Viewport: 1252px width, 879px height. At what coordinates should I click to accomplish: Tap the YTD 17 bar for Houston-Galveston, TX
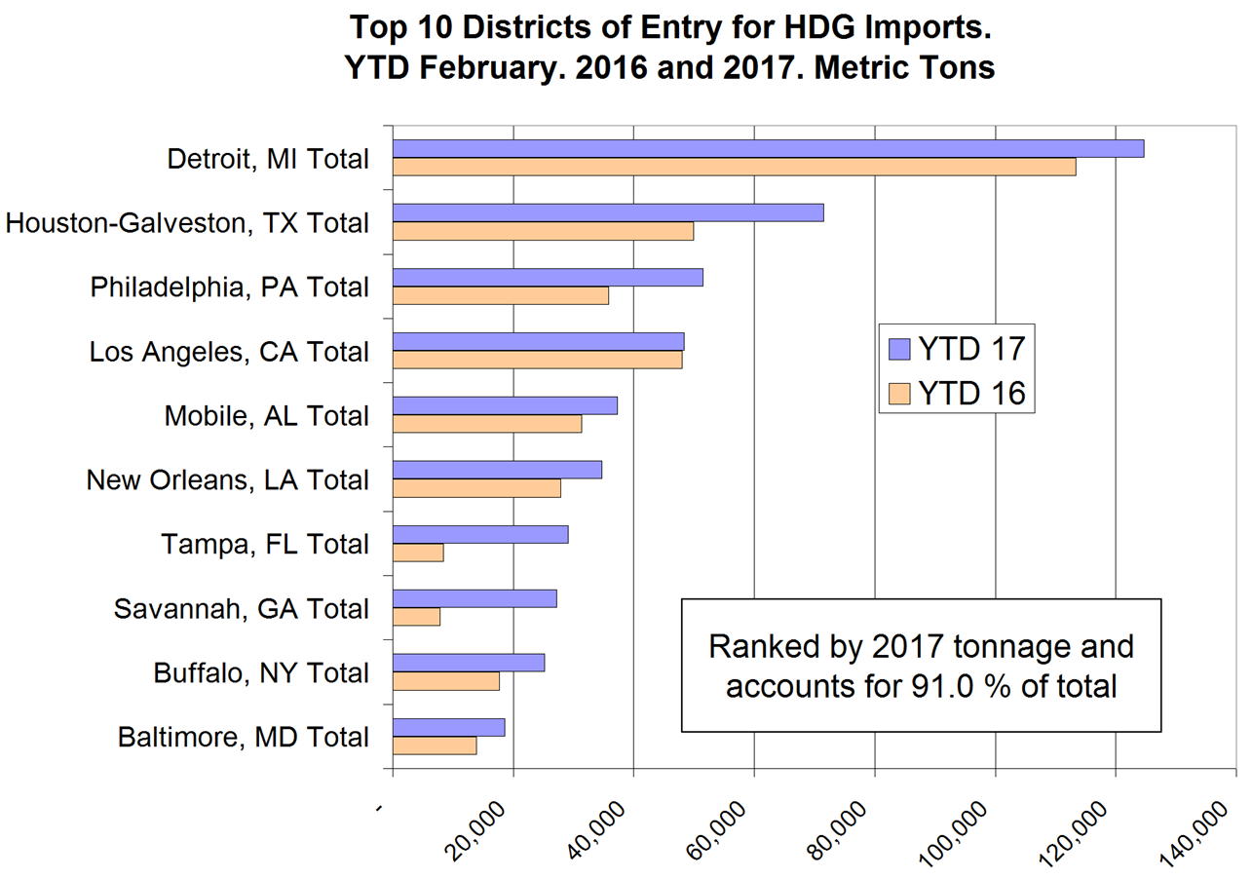coord(608,212)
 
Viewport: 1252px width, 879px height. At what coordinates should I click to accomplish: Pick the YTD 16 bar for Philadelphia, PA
coord(501,295)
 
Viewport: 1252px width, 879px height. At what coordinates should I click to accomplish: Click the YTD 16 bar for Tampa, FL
coord(418,553)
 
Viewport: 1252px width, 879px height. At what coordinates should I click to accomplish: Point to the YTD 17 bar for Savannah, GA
coord(474,598)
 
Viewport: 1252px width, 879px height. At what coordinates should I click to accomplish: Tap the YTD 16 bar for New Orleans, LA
coord(476,488)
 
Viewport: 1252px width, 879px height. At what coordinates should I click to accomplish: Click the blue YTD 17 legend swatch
coord(899,348)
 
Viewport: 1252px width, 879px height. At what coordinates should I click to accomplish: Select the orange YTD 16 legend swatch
coord(899,395)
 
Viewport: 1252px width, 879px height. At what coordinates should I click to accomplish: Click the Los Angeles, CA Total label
coord(229,352)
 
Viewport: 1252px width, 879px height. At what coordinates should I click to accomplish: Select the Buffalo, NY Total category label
coord(261,673)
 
